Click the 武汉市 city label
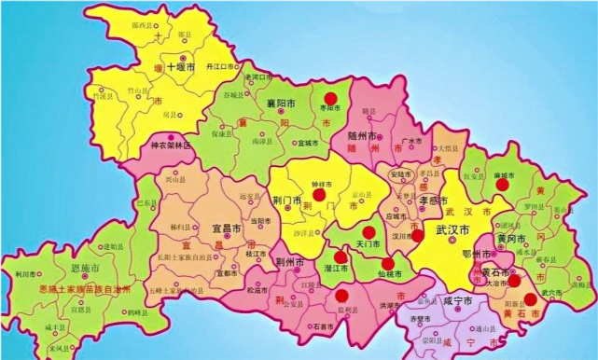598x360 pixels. [x=454, y=228]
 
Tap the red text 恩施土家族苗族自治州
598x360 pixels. [x=85, y=290]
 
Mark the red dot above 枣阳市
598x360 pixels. [x=329, y=98]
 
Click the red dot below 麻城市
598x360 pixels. [x=503, y=185]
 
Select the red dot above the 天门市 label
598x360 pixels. [x=369, y=232]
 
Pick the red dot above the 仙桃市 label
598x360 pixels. [x=388, y=263]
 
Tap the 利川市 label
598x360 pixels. [x=26, y=273]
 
